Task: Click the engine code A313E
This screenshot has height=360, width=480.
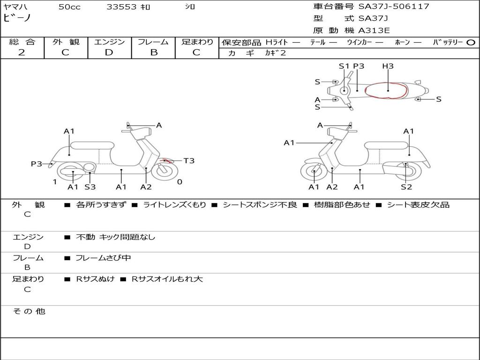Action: click(x=374, y=31)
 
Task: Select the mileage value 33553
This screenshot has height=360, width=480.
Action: click(x=121, y=7)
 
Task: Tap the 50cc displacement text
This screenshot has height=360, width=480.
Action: click(x=69, y=7)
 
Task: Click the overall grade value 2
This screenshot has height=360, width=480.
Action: click(x=22, y=52)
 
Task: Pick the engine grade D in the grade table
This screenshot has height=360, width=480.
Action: click(x=109, y=52)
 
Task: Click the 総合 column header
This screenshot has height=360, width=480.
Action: click(x=22, y=42)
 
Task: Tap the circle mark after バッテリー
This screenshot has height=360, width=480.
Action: click(x=471, y=42)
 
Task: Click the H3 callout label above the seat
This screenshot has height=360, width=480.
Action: click(x=388, y=66)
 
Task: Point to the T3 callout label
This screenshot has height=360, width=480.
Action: click(x=189, y=161)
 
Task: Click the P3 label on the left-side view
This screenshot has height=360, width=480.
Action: click(x=37, y=164)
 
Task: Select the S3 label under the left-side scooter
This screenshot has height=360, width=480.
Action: click(x=90, y=187)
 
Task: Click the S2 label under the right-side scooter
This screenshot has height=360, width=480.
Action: click(x=406, y=187)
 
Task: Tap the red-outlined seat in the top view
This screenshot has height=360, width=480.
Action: click(x=387, y=90)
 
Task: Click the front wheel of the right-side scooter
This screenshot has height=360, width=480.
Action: click(x=314, y=172)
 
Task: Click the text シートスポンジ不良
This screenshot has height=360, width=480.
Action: click(x=260, y=205)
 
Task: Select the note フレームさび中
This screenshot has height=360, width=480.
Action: click(x=103, y=258)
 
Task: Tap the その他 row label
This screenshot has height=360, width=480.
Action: click(x=29, y=311)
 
